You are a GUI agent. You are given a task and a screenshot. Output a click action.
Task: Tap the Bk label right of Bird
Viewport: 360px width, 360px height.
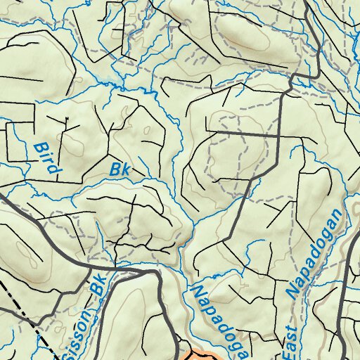(x=121, y=170)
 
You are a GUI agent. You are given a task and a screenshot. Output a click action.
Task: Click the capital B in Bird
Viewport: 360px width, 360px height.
(x=39, y=148)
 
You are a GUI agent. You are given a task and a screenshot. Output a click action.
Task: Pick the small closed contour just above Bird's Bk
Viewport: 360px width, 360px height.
(x=146, y=130)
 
